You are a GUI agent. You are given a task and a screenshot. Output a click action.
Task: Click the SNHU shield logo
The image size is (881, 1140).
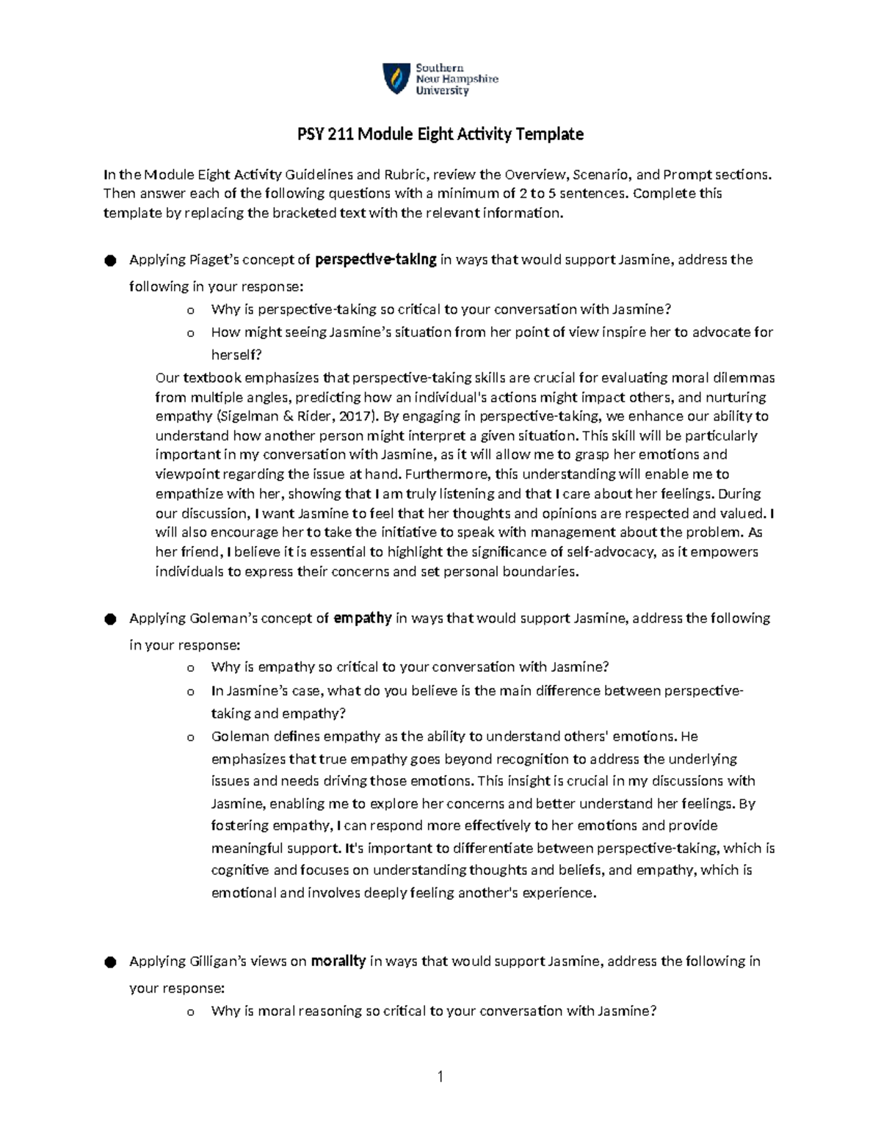point(396,79)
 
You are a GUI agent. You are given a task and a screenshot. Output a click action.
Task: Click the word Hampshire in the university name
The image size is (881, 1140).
point(470,79)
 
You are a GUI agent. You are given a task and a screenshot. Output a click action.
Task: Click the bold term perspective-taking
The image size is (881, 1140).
point(375,259)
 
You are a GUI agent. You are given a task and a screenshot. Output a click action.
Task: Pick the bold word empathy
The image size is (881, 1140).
point(362,618)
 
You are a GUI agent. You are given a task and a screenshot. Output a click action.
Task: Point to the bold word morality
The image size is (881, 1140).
point(338,961)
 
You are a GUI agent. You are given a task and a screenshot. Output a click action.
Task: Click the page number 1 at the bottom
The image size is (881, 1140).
point(440,1078)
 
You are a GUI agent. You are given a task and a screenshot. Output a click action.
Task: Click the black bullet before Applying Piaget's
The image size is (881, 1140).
point(110,261)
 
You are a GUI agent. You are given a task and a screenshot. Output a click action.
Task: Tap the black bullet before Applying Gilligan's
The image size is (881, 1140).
point(110,962)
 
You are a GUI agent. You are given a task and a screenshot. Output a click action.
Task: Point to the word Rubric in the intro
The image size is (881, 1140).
point(401,175)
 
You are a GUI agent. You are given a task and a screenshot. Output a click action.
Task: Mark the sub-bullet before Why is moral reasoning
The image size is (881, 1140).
point(191,1012)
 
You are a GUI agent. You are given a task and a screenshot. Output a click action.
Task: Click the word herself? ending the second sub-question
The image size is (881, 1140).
point(236,355)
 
